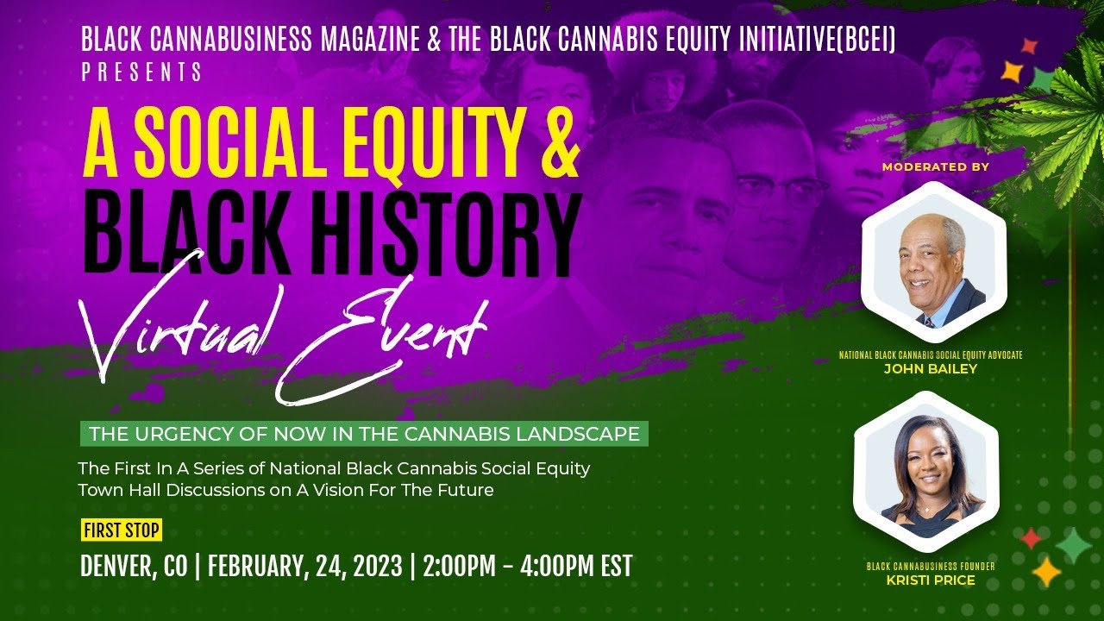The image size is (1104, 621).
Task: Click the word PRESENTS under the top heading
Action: coord(142,72)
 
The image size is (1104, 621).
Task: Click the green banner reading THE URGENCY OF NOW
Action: coord(364,434)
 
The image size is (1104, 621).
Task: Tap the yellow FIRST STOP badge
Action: coord(122,530)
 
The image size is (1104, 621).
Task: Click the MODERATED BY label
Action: coord(936,166)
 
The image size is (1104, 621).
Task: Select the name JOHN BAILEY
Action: coord(931,369)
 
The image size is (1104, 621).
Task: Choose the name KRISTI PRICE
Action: coord(931,580)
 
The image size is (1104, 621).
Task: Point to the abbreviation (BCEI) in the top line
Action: coord(864,39)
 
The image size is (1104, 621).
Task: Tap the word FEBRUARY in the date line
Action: coord(254,567)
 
